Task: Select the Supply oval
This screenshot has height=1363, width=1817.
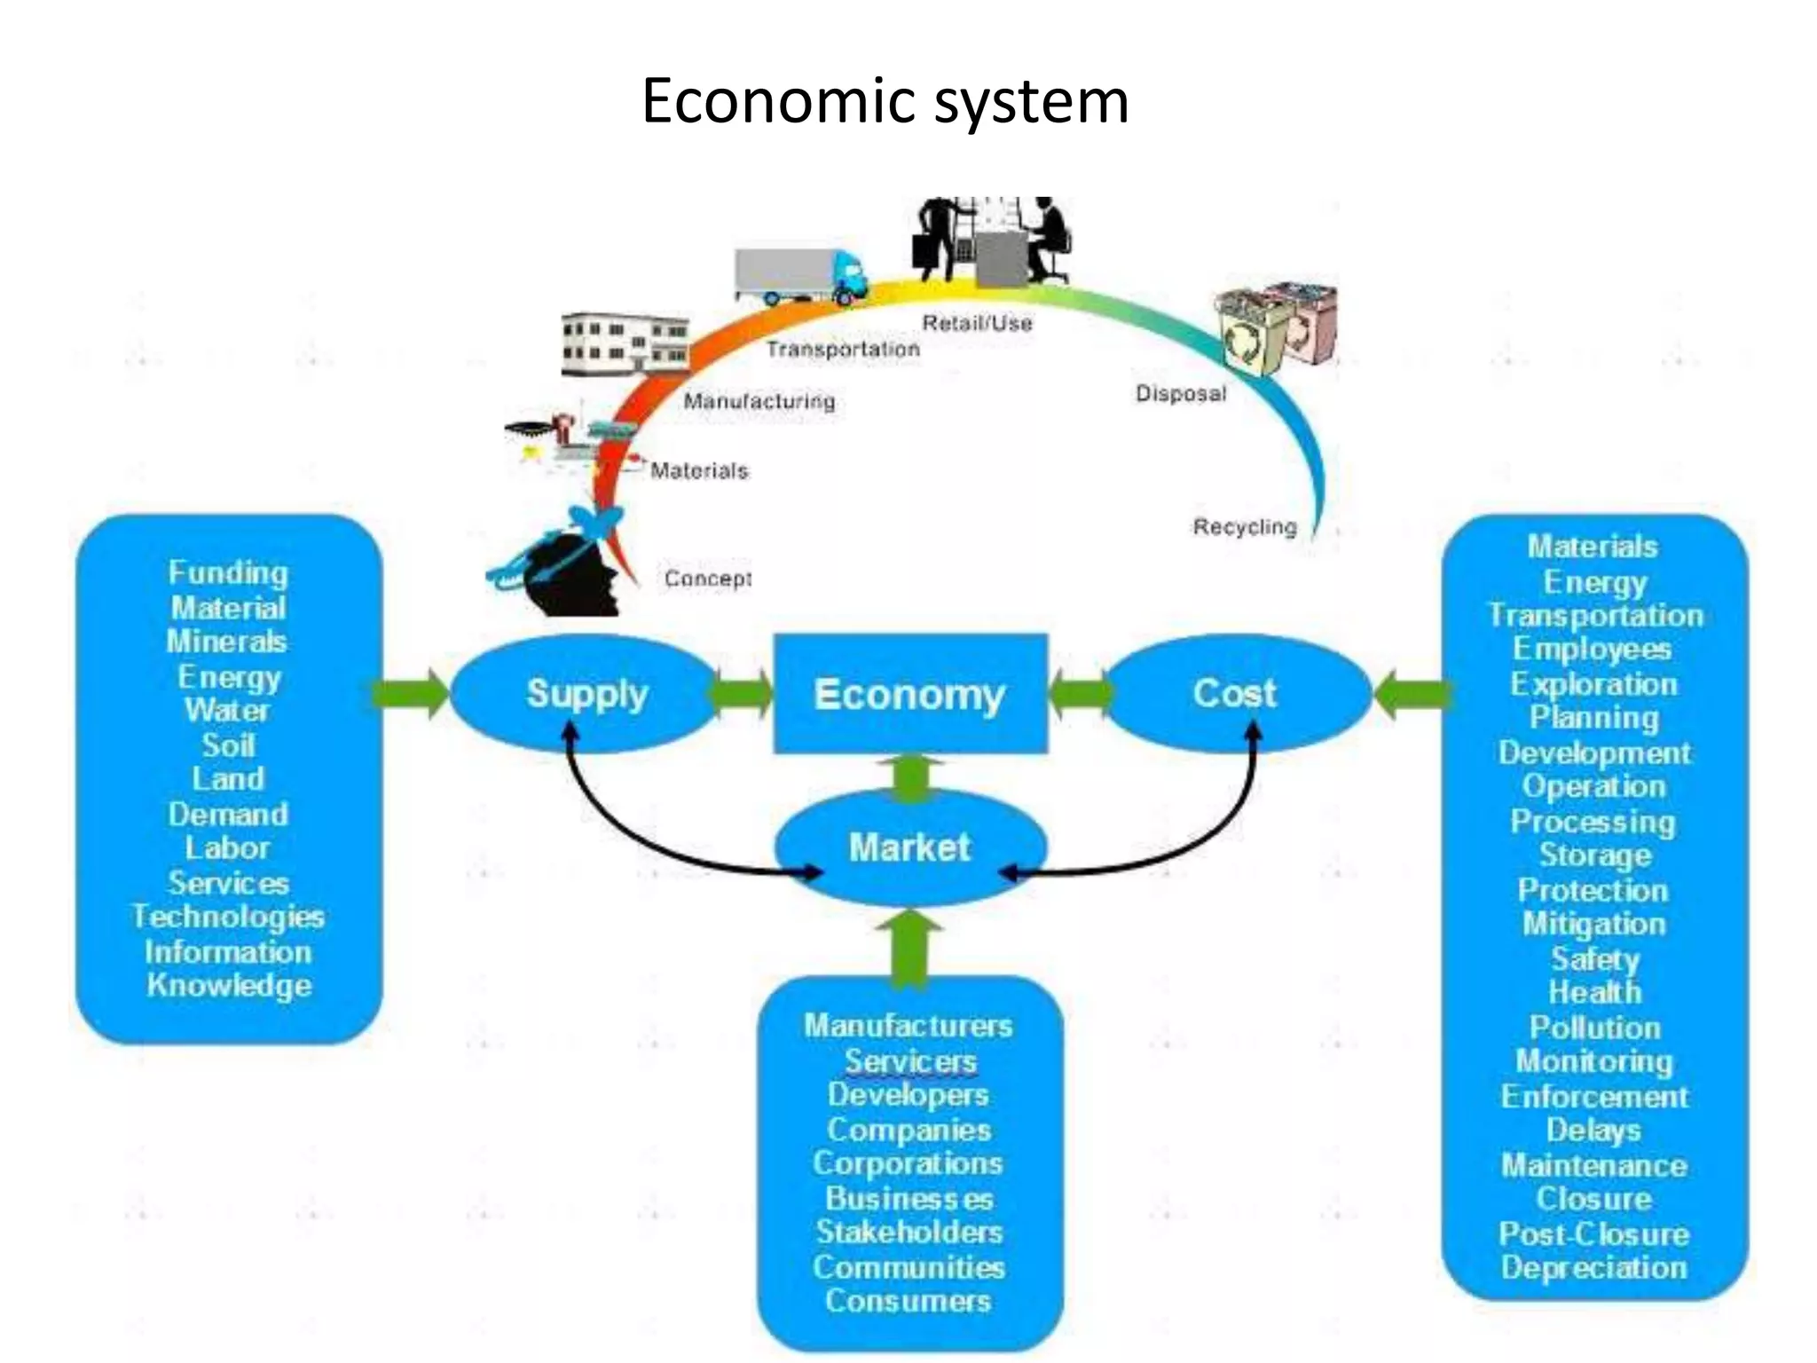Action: tap(586, 693)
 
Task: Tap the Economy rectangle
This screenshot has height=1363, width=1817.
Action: tap(910, 694)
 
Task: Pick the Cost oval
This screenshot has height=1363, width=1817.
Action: tap(1234, 693)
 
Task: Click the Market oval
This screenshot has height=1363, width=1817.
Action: tap(910, 847)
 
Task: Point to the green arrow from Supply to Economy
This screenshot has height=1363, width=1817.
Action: tap(742, 694)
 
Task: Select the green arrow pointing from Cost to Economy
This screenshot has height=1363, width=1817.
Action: tap(1079, 694)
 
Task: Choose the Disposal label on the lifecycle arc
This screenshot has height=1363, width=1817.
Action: tap(1181, 393)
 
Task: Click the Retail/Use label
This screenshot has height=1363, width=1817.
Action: tap(977, 323)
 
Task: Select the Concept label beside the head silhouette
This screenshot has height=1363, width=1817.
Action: tap(708, 579)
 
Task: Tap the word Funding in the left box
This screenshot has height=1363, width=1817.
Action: tap(228, 573)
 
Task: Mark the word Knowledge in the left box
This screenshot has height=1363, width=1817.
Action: tap(229, 986)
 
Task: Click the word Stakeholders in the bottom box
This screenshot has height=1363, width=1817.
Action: tap(909, 1232)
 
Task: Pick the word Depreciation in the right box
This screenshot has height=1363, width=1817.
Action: tap(1593, 1267)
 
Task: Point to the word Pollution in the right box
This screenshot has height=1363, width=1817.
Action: tap(1594, 1028)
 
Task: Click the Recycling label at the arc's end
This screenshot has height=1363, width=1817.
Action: tap(1244, 527)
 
